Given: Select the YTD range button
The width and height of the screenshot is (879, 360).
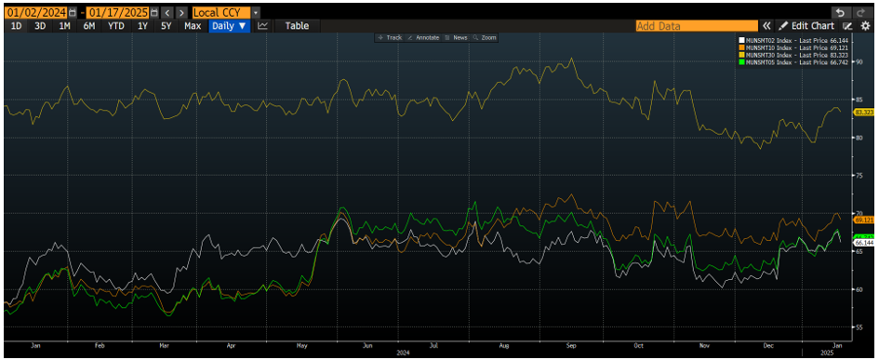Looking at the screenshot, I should click(115, 26).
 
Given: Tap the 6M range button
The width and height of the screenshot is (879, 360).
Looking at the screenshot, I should click(89, 26).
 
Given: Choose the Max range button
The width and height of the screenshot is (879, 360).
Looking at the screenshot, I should click(193, 26).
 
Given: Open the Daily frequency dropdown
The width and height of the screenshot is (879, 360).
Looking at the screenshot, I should click(229, 26).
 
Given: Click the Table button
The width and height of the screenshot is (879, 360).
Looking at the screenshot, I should click(297, 26).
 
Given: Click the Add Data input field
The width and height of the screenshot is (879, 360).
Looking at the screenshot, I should click(696, 26).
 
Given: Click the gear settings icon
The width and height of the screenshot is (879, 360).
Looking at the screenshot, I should click(866, 26).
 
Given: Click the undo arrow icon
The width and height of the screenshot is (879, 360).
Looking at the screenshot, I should click(840, 12).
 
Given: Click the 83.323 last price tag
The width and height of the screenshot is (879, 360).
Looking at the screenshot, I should click(860, 113).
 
